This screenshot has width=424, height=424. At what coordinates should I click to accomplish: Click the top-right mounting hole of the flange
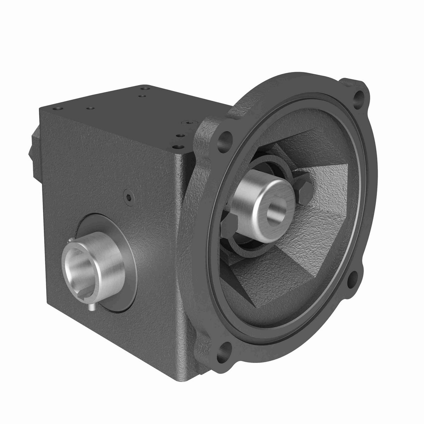coord(360,95)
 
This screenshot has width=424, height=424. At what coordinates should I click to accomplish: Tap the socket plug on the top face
coord(187,123)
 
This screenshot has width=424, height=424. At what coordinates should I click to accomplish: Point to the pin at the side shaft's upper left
coord(71,241)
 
